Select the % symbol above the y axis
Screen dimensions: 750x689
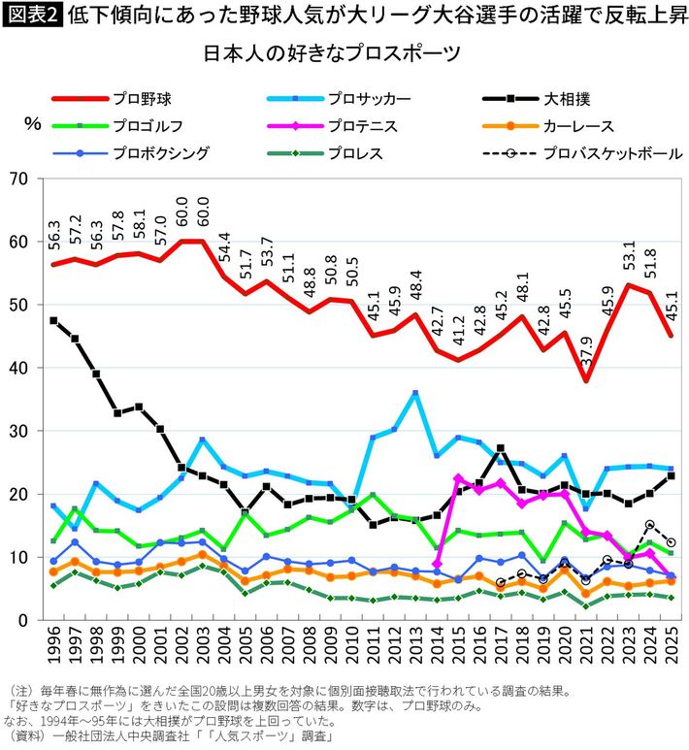click(31, 123)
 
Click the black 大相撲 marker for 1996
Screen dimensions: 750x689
click(53, 320)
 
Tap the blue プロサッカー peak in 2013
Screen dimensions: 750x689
click(415, 393)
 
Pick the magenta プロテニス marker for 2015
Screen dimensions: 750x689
click(458, 477)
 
